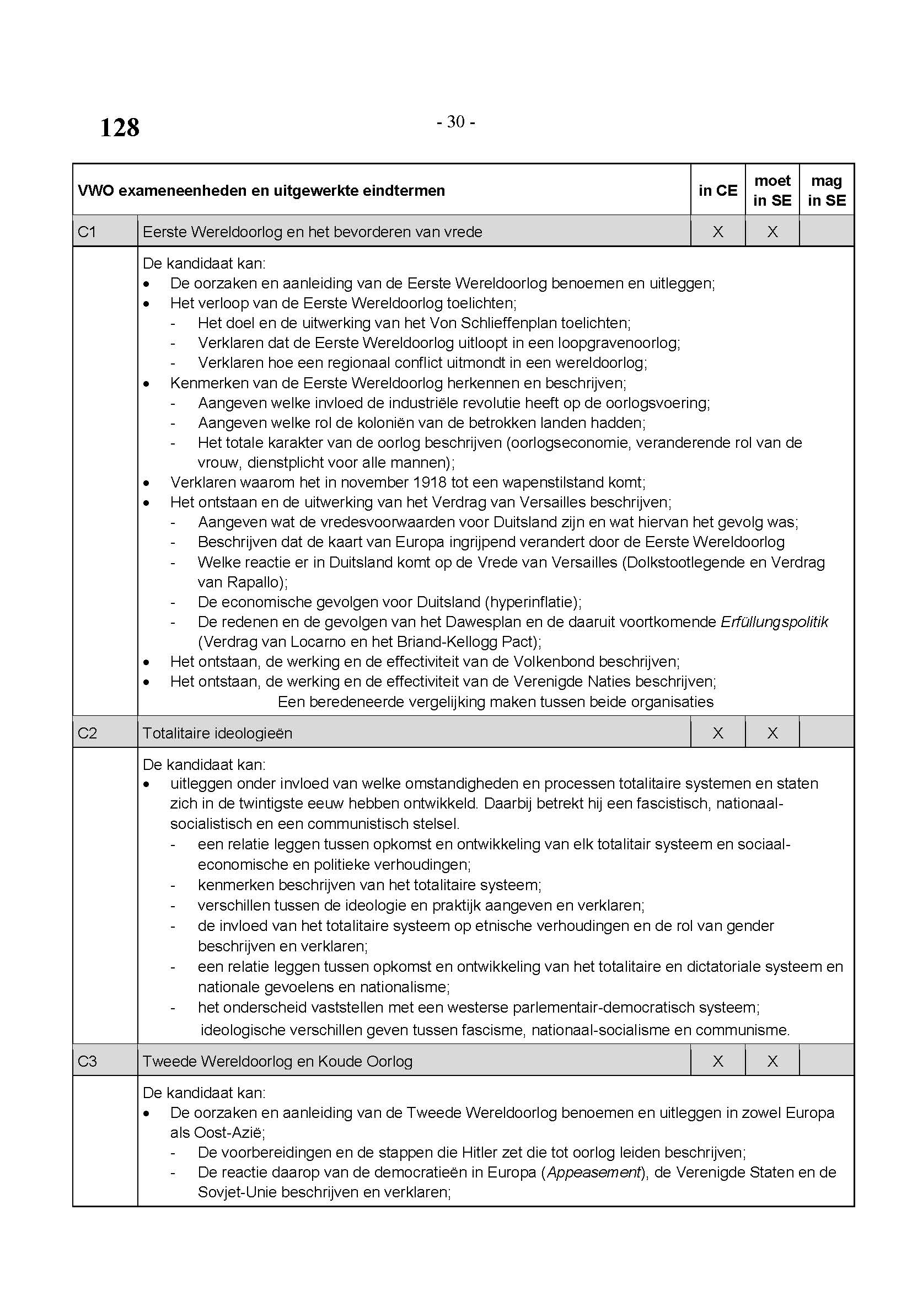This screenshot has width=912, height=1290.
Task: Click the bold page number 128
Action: [x=120, y=127]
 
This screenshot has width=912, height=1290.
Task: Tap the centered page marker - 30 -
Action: [x=455, y=121]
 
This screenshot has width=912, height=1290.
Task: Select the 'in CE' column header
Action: [x=718, y=190]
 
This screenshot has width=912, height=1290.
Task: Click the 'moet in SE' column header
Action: [x=772, y=190]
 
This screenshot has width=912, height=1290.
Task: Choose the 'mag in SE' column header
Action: [x=827, y=190]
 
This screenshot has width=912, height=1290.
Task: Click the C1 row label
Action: [x=87, y=232]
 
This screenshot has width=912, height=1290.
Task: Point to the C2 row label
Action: [x=87, y=732]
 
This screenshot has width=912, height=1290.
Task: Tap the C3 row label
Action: [x=87, y=1061]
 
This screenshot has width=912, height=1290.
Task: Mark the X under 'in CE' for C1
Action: [x=718, y=232]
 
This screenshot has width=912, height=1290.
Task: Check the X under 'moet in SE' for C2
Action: [x=772, y=732]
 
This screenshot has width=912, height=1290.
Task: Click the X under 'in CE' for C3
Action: [x=718, y=1061]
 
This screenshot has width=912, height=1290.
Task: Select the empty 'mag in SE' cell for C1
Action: [x=827, y=232]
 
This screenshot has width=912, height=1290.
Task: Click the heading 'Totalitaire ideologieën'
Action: [x=217, y=732]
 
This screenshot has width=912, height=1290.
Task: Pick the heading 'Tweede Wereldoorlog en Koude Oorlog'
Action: [x=277, y=1061]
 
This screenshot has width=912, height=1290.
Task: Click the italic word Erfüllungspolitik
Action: [x=774, y=622]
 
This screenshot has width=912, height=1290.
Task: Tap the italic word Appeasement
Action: [x=594, y=1172]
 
